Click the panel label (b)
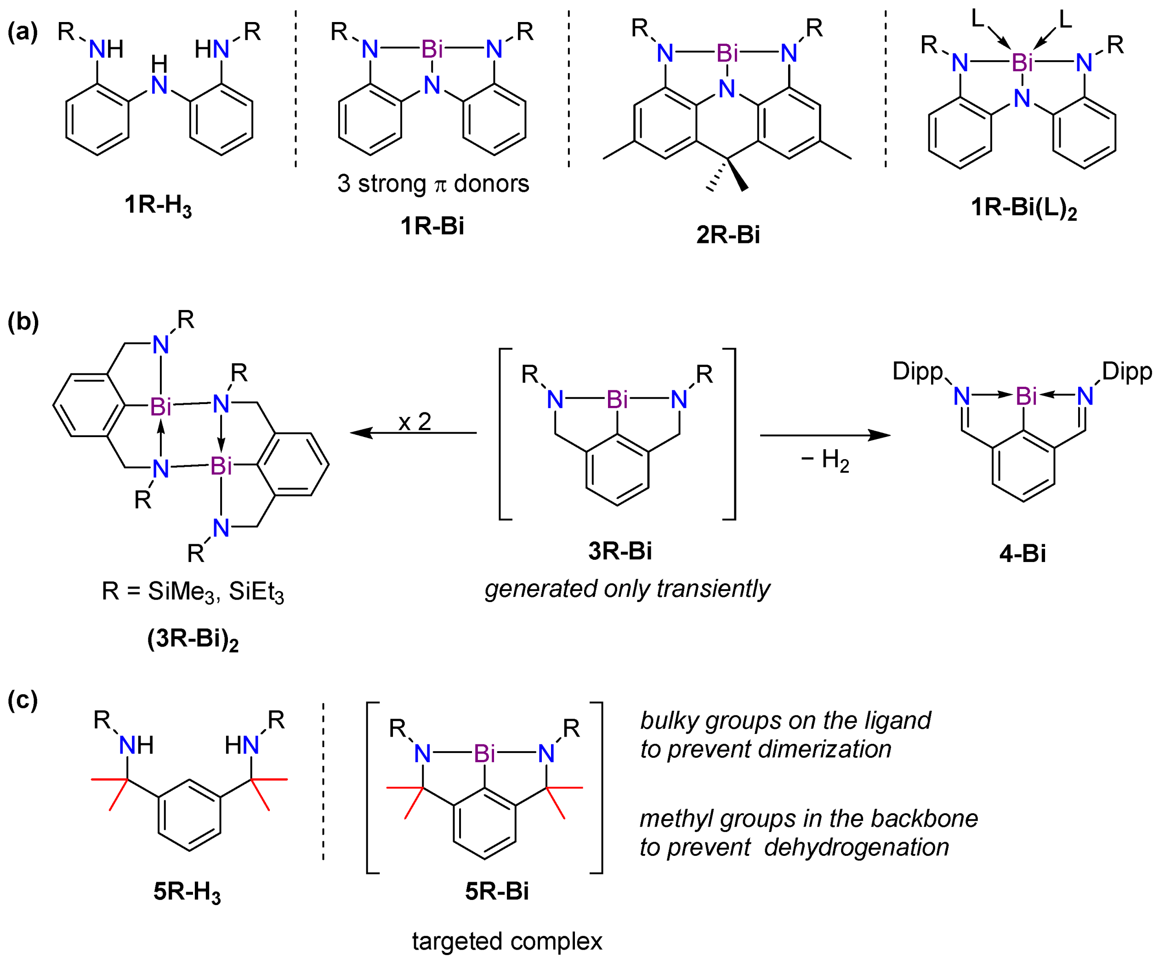click(23, 321)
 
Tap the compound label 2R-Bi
click(727, 235)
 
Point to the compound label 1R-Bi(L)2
click(1023, 208)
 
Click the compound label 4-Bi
click(1022, 553)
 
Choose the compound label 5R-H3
click(187, 892)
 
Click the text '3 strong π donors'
click(433, 184)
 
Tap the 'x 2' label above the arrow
click(415, 422)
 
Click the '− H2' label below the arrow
click(824, 460)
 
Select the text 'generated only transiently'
click(627, 589)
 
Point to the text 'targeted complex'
click(506, 941)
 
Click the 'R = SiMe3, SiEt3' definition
click(193, 592)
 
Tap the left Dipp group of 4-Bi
click(917, 372)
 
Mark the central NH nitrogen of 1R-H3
click(159, 84)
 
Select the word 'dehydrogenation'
click(856, 847)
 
